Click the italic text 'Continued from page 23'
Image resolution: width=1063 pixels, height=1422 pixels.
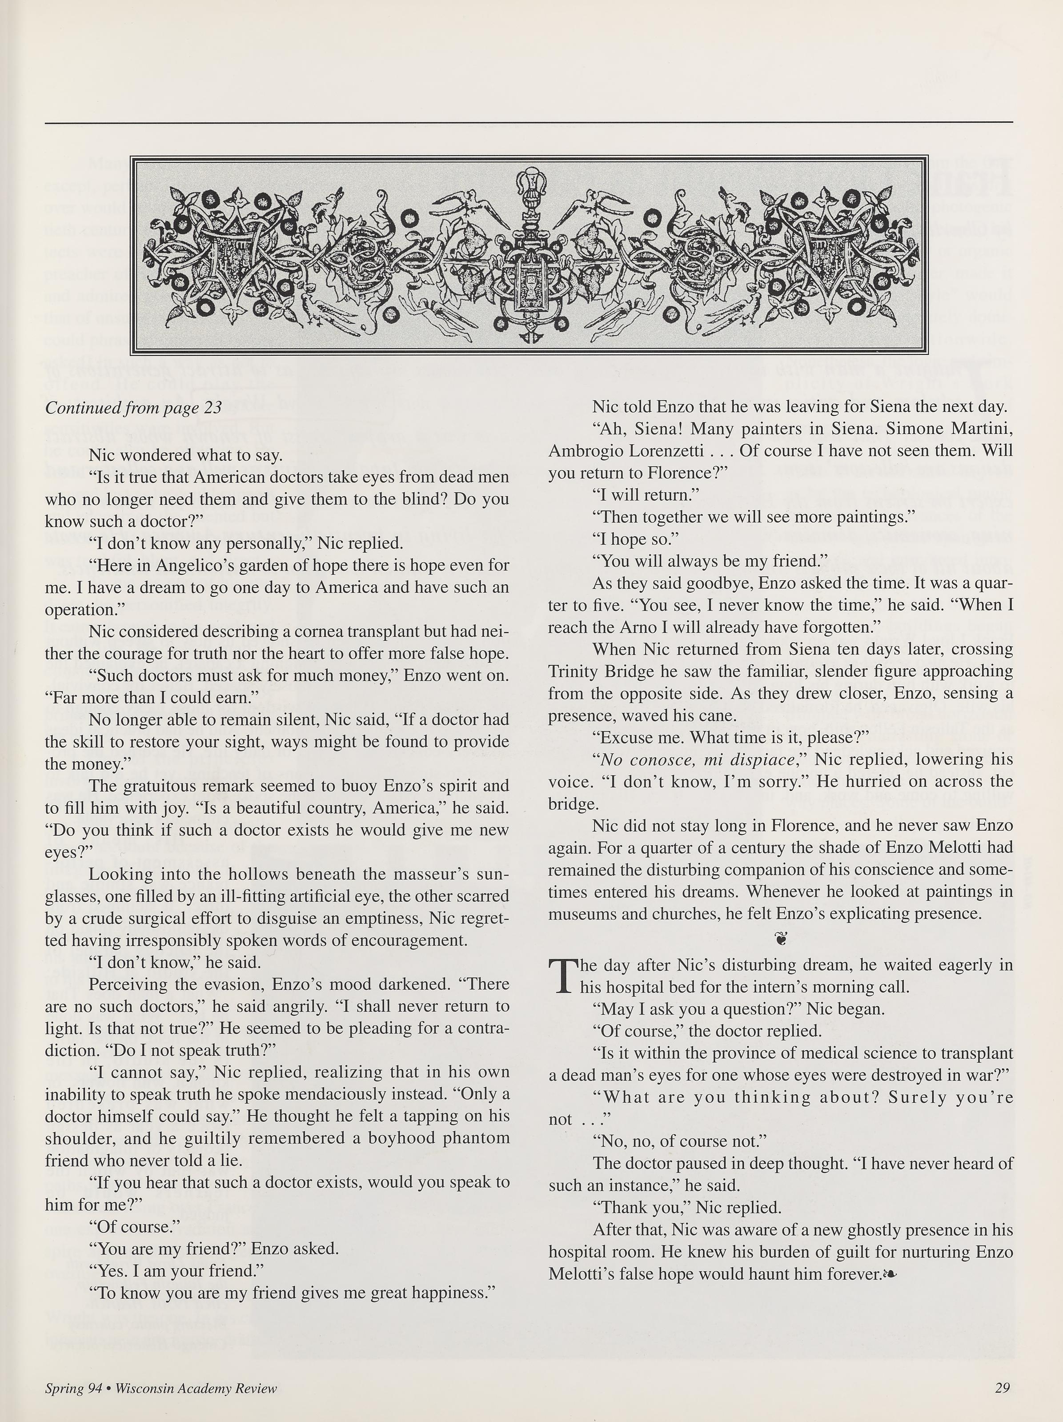(133, 408)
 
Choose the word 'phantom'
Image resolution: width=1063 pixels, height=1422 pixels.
(470, 1138)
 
